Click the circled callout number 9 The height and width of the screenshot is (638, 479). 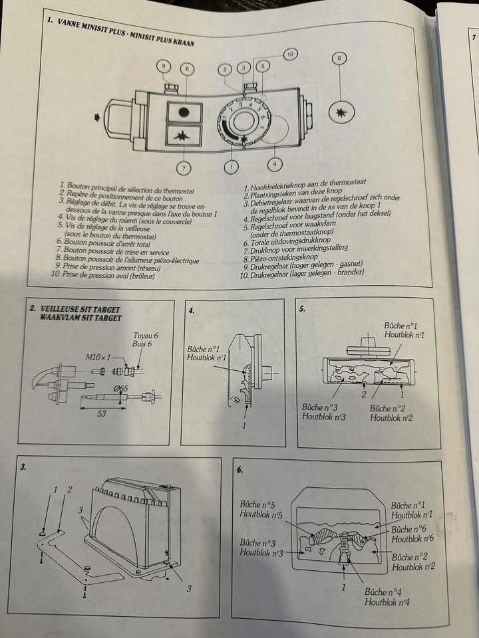(x=164, y=66)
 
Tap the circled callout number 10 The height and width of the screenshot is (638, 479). (x=291, y=54)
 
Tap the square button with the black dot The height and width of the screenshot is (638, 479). (x=184, y=111)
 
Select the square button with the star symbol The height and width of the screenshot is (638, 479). (x=183, y=137)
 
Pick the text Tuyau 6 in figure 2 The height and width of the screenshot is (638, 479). (x=145, y=336)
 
